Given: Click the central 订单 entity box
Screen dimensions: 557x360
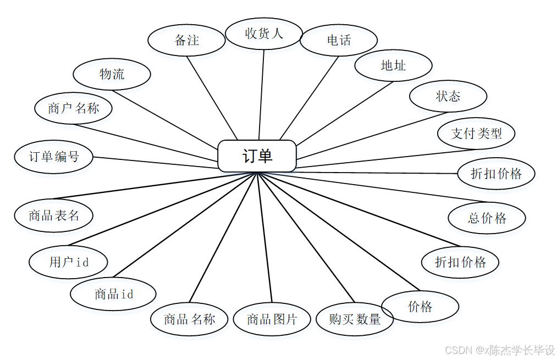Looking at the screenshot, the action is click(x=257, y=156).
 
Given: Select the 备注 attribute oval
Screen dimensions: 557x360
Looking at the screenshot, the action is click(x=186, y=40).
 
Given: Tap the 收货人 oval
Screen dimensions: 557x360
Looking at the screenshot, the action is click(x=264, y=34).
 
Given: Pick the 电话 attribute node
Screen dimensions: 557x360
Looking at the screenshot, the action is click(x=339, y=40).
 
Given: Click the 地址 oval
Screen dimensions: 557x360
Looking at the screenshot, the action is click(x=393, y=65).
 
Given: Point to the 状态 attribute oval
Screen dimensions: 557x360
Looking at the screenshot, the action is click(x=448, y=96).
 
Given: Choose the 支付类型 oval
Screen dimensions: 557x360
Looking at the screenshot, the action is click(x=476, y=133).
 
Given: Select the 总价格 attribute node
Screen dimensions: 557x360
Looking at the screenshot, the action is click(x=487, y=218).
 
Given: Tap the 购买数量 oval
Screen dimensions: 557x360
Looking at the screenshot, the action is click(x=355, y=319).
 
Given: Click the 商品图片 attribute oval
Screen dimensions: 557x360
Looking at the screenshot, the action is click(x=272, y=319).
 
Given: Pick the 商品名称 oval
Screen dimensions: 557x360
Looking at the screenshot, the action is click(x=189, y=319).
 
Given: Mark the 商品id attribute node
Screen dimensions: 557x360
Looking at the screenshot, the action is click(x=113, y=294).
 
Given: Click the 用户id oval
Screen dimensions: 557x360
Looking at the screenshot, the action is click(x=69, y=262).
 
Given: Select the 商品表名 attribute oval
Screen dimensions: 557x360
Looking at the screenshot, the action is click(x=54, y=215).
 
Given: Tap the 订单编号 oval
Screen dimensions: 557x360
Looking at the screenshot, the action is click(x=54, y=157).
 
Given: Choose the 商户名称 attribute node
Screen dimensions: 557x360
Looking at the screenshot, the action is click(x=73, y=108).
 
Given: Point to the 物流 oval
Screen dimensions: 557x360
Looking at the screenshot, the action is click(x=112, y=74).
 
